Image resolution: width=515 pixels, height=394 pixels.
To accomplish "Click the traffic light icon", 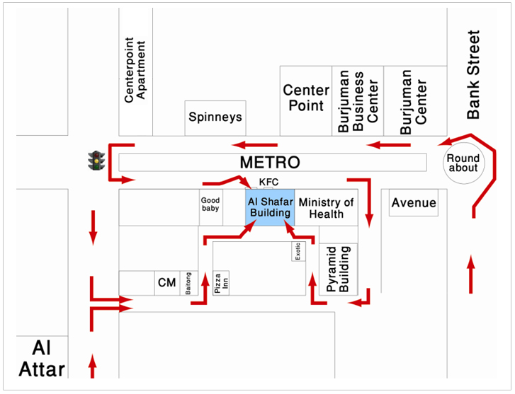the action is coord(96,161).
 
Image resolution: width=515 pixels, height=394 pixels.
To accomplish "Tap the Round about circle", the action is coord(463,163).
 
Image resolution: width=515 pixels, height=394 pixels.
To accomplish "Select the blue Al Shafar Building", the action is coord(270,207).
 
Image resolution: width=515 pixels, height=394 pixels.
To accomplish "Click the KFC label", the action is coord(268,182).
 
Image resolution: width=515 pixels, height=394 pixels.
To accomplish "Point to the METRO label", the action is coord(270,162).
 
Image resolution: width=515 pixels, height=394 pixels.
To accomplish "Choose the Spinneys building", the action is coord(215,118).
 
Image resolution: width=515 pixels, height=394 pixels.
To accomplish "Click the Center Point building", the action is coord(306,100).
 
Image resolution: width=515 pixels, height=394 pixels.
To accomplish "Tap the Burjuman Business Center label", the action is coord(358,101).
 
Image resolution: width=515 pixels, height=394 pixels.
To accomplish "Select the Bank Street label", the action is coord(474,74).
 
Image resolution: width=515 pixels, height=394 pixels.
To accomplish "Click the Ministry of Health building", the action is coord(326,207).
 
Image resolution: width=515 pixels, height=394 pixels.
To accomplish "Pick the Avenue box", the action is coord(414,203).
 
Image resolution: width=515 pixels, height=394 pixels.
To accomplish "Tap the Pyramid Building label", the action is coord(338,270).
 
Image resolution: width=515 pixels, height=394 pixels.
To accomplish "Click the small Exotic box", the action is coord(298,251).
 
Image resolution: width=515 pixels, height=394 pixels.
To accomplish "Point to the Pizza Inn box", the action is coord(221,283).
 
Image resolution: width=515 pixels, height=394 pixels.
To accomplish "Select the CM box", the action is coord(167,283).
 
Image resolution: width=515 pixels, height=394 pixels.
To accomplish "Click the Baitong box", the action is coord(189,283).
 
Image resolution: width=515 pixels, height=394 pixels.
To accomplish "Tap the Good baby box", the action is coord(211,207).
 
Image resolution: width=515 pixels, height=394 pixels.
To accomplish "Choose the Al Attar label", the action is coord(42,359).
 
